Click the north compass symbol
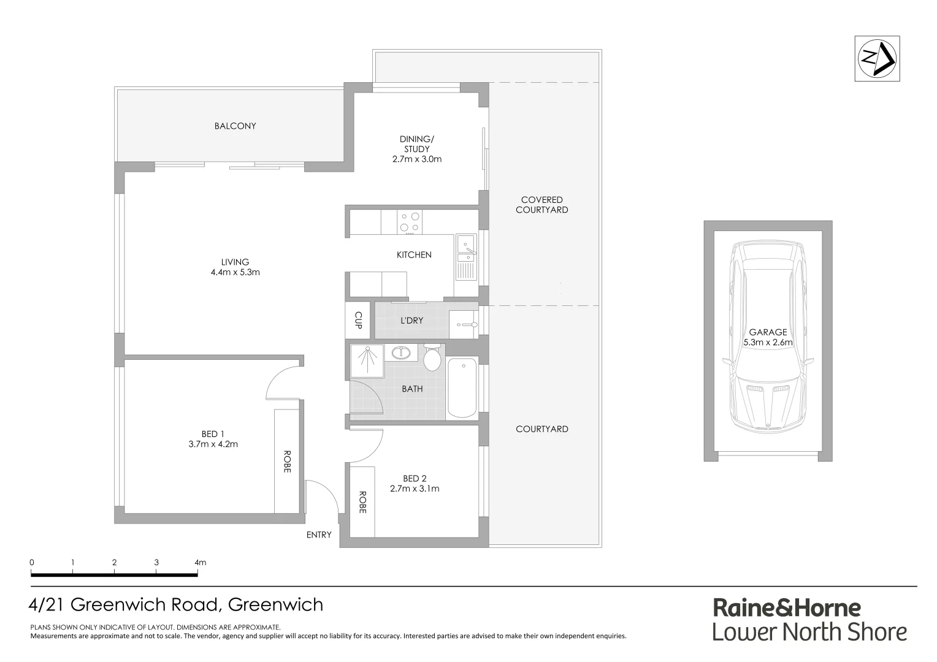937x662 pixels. point(877,58)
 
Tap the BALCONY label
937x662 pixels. point(235,126)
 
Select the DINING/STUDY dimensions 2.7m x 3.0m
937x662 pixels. point(417,159)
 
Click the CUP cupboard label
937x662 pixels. point(358,320)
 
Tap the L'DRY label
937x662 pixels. point(411,321)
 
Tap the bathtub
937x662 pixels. point(462,389)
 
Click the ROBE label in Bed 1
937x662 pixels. point(286,462)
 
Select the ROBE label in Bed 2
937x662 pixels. point(362,502)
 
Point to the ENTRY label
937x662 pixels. point(319,535)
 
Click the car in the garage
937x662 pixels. point(768,337)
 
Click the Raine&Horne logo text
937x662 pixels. point(787,608)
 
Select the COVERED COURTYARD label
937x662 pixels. point(542,205)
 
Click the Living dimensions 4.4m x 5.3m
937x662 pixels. point(235,272)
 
